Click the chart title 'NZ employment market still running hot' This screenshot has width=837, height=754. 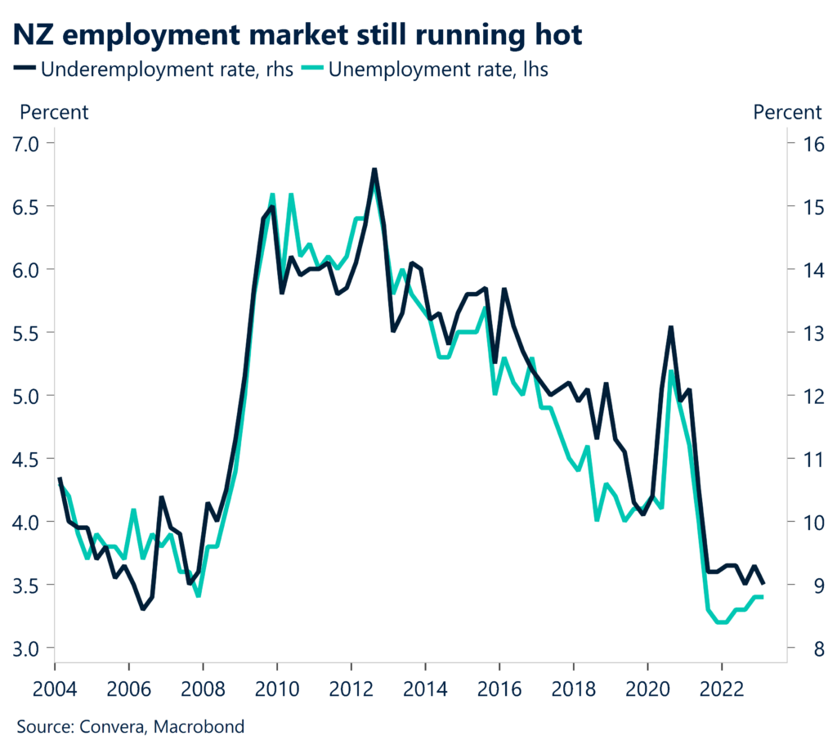(298, 34)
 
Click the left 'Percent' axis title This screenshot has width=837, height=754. (54, 112)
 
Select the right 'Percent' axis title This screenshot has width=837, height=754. (787, 112)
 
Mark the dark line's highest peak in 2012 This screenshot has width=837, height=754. (374, 169)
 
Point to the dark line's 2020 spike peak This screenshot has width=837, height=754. (670, 327)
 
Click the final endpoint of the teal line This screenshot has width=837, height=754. (763, 597)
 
